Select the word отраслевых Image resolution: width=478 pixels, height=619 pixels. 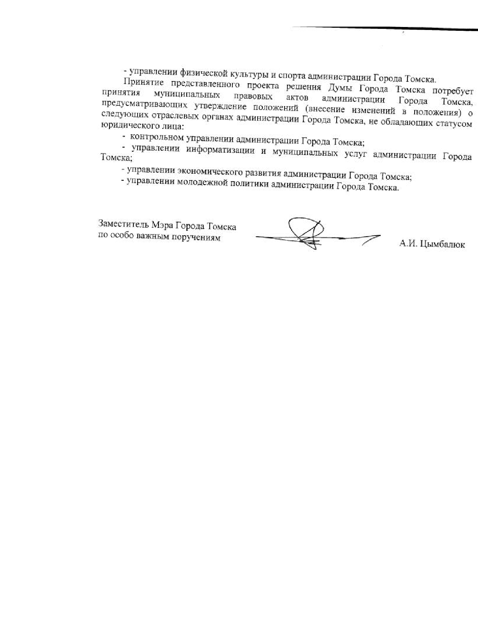[165, 116]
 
